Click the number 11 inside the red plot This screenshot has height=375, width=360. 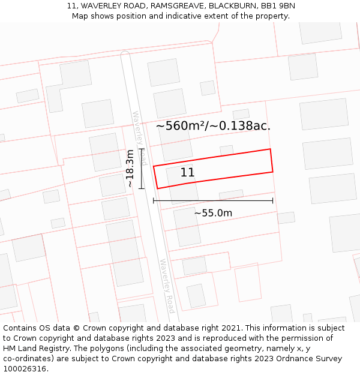pyautogui.click(x=187, y=173)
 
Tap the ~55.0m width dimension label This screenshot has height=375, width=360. pyautogui.click(x=213, y=213)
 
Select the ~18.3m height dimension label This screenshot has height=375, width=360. pyautogui.click(x=130, y=169)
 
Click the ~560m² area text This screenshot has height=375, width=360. pyautogui.click(x=180, y=126)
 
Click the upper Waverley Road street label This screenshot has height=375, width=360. pyautogui.click(x=139, y=138)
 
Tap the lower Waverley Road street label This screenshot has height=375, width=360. pyautogui.click(x=167, y=286)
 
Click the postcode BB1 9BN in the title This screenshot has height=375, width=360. pyautogui.click(x=278, y=6)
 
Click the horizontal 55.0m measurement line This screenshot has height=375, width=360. pyautogui.click(x=213, y=200)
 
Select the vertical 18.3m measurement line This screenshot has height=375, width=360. pyautogui.click(x=142, y=169)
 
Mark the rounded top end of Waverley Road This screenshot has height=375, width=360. pyautogui.click(x=125, y=55)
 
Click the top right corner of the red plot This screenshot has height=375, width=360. pyautogui.click(x=270, y=149)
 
